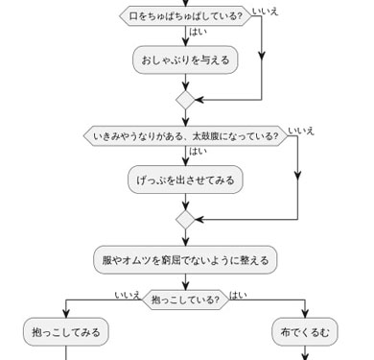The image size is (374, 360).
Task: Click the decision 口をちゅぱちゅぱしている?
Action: (185, 16)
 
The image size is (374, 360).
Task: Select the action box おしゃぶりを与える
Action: (185, 60)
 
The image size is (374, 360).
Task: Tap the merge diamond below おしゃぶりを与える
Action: (185, 99)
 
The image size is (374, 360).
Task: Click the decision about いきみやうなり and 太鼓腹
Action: (185, 136)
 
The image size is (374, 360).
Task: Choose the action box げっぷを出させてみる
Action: (185, 180)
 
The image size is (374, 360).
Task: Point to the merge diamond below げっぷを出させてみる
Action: (185, 220)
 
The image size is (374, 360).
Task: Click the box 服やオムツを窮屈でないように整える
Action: (185, 260)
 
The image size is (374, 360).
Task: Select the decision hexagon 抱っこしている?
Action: (185, 300)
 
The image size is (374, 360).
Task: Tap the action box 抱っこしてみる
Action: (65, 332)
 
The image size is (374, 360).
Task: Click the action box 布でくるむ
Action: (305, 332)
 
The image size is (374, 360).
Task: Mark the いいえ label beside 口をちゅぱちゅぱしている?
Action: (266, 12)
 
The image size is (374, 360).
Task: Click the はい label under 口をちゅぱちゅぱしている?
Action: (198, 33)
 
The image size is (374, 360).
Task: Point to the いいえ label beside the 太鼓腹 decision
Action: (301, 131)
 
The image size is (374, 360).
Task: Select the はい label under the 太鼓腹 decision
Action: (198, 152)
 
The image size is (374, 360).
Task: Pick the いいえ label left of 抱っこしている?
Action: (128, 295)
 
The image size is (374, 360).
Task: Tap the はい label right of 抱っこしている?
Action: (237, 295)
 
